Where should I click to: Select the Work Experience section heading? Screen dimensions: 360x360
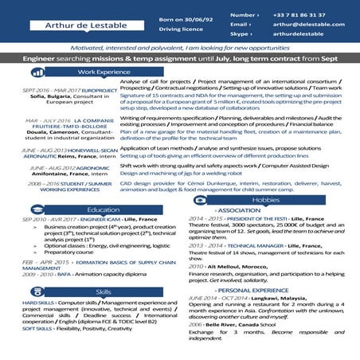[104, 72]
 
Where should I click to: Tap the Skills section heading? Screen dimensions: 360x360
[104, 292]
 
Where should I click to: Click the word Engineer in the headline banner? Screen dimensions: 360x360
[38, 59]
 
